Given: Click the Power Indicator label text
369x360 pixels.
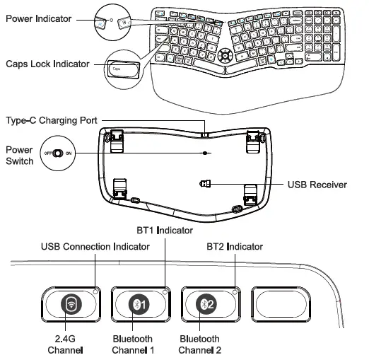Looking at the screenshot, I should click(x=39, y=18).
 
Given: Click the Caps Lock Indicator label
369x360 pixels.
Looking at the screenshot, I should click(x=47, y=64).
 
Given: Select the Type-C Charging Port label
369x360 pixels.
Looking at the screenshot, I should click(x=52, y=121).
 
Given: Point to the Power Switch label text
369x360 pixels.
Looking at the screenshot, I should click(x=19, y=155).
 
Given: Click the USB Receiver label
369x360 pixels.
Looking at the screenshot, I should click(x=317, y=185).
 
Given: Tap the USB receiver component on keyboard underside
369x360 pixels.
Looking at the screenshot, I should click(x=206, y=184).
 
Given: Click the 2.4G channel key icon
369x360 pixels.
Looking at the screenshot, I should click(x=70, y=305).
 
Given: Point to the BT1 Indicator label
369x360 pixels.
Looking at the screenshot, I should click(x=165, y=231).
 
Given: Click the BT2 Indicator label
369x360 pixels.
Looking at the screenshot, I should click(x=234, y=247).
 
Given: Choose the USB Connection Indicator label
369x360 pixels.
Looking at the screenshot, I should click(x=95, y=247).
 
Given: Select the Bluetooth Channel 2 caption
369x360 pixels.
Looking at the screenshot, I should click(x=200, y=344).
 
